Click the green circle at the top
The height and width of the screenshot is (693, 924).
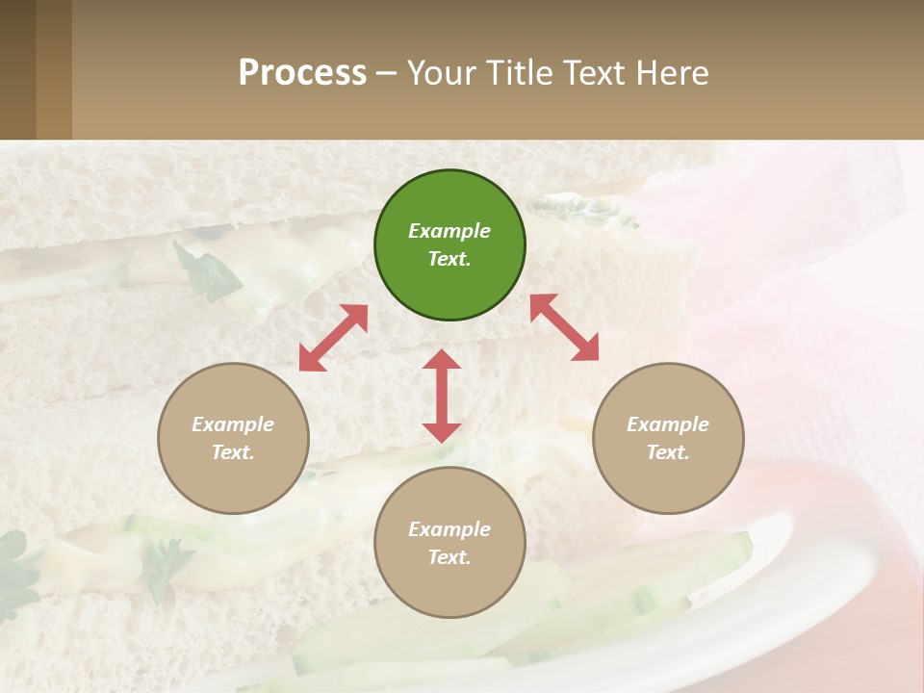449,245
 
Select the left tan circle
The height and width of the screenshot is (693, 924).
233,438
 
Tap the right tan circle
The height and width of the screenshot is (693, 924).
668,438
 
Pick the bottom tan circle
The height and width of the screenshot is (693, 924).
449,543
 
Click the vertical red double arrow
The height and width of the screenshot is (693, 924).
442,396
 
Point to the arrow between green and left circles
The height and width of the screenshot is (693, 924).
333,337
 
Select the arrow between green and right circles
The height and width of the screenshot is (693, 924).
565,327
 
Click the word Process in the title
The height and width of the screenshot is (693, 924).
302,73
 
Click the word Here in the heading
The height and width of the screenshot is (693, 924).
674,73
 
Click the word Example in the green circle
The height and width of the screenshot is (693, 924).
449,231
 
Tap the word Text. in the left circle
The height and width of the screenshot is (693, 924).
233,452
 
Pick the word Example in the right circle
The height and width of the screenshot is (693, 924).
668,424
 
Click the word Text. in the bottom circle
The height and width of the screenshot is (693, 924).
449,557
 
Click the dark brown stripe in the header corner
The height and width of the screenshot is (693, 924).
17,69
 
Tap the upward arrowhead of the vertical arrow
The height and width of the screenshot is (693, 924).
442,359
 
